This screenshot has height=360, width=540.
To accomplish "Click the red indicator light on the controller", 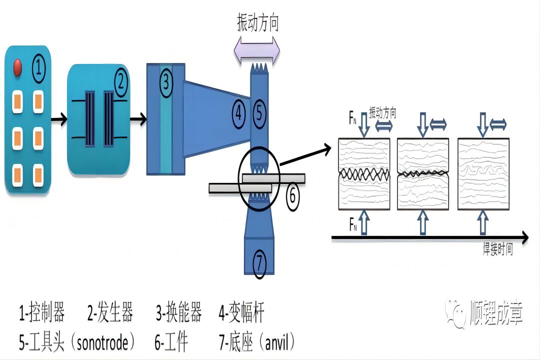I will [x=17, y=68].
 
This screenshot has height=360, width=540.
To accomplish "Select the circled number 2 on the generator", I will [x=120, y=82].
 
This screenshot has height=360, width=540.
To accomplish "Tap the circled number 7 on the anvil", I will [x=259, y=263].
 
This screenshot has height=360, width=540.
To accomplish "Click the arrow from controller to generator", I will [x=59, y=119].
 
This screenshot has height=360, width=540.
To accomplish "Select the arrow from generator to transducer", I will [x=138, y=119].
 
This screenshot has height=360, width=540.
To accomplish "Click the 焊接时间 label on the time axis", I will [x=497, y=250].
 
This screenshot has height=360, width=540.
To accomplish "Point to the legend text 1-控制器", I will [x=42, y=314].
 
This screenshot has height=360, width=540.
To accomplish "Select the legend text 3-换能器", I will [x=178, y=314].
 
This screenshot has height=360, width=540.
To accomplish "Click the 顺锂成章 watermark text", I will [x=496, y=314].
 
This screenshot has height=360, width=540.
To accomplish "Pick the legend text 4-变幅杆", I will [x=241, y=314].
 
